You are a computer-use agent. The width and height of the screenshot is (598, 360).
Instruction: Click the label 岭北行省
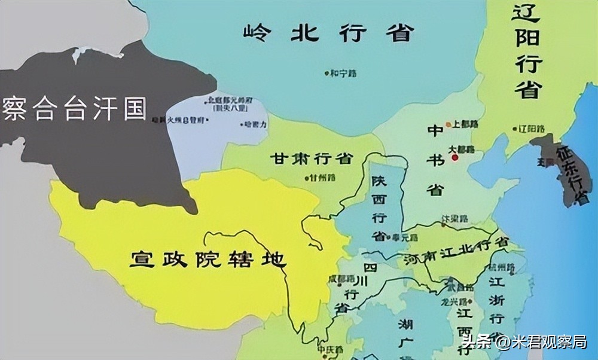click(x=328, y=33)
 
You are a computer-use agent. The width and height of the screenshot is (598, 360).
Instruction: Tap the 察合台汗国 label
click(x=74, y=108)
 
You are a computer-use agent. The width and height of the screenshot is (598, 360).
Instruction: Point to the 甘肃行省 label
click(x=311, y=159)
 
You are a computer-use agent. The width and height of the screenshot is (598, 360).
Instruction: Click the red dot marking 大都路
click(x=454, y=157)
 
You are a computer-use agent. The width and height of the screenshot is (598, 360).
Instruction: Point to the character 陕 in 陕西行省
click(x=379, y=180)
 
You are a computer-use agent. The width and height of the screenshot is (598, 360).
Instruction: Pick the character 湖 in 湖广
click(x=406, y=325)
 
